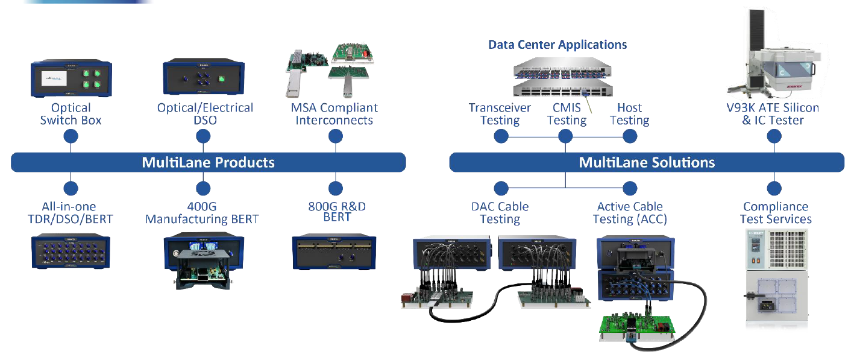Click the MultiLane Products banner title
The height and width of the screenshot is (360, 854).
tap(208, 162)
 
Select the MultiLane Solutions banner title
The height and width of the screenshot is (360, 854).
tap(647, 162)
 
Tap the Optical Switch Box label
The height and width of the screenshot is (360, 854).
tap(71, 114)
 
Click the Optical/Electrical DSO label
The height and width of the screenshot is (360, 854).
tap(205, 114)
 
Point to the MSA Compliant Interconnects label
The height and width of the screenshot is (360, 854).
tap(334, 114)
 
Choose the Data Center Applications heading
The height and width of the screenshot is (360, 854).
tap(557, 45)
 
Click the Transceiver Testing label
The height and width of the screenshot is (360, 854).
tap(500, 114)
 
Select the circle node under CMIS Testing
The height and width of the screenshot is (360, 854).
tap(565, 136)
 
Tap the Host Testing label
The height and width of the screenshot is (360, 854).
tap(629, 114)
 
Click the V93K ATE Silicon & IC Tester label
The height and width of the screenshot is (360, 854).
tap(773, 114)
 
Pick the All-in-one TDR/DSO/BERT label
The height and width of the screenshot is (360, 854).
tap(71, 213)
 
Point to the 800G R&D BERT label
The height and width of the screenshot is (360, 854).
tap(337, 212)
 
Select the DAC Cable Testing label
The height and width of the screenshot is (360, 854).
tap(500, 213)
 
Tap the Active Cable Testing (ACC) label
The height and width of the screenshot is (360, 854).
tap(630, 213)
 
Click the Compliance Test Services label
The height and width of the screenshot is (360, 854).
tap(776, 213)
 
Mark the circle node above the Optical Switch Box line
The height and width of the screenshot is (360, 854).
tap(71, 136)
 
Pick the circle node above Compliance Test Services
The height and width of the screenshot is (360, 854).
tap(775, 188)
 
